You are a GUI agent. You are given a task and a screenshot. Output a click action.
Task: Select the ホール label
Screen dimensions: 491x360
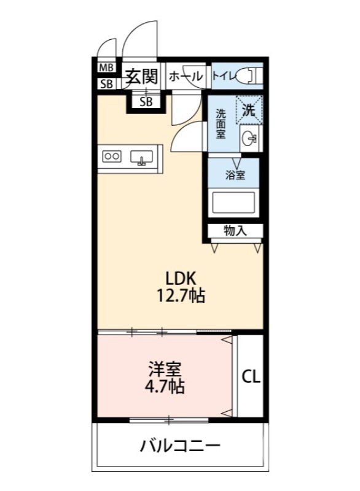click(x=185, y=77)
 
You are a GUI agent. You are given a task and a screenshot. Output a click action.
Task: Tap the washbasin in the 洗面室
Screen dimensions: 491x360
click(x=249, y=138)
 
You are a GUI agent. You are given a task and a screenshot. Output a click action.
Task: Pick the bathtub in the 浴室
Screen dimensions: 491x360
click(x=233, y=203)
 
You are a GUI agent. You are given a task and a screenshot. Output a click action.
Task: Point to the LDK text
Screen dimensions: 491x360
click(x=179, y=277)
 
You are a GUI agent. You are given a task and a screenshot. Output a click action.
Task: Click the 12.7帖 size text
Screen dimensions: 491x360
click(x=179, y=296)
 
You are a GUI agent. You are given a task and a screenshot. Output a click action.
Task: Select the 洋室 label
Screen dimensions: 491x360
click(x=165, y=369)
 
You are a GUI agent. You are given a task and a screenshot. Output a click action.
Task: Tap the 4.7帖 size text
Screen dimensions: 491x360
click(x=165, y=387)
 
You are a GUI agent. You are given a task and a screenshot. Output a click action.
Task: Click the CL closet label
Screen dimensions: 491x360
click(x=250, y=376)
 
